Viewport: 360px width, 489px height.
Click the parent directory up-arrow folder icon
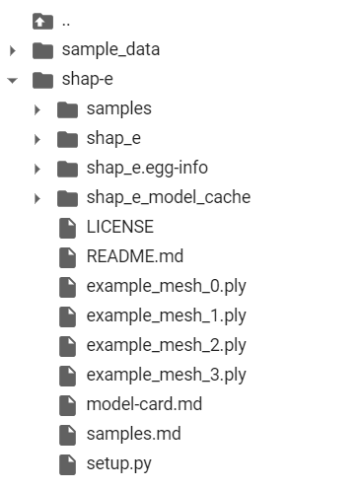(41, 21)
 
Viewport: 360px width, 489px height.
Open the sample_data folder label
(109, 49)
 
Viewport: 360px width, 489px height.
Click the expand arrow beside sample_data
(13, 50)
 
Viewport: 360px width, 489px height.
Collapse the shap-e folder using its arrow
(13, 80)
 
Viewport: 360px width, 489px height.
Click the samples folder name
(118, 108)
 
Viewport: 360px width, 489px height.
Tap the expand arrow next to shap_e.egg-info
(37, 169)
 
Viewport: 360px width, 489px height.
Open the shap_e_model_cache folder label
(168, 197)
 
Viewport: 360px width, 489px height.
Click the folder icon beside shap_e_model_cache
(67, 197)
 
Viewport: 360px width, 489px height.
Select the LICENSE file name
(119, 227)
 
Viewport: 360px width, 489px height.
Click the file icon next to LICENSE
(67, 228)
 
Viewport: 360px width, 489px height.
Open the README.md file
(134, 256)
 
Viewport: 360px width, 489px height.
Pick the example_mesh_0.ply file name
(166, 286)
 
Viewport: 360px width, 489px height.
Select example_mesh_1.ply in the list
(166, 315)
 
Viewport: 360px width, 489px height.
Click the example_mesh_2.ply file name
(166, 345)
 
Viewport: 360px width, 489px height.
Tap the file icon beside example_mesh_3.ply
(67, 376)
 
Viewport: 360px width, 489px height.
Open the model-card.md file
(145, 404)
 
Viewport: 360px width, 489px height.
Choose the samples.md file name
(133, 434)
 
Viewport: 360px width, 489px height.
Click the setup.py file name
(118, 463)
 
